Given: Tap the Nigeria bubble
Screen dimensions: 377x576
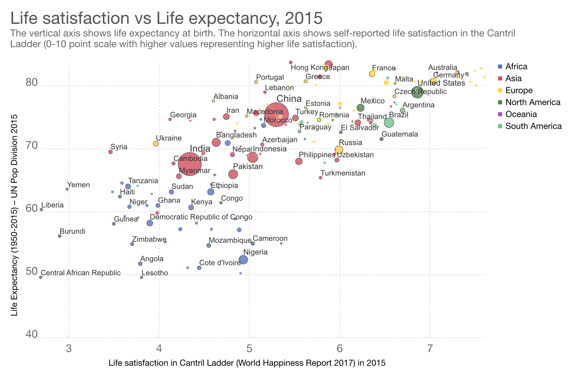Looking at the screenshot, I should (243, 260).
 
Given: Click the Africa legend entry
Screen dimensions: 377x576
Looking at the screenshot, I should (516, 67).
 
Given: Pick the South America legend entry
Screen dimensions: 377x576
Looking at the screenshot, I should (533, 126).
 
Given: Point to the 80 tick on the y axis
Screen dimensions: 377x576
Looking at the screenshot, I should (32, 83).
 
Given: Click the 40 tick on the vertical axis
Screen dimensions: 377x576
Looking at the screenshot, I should (32, 335).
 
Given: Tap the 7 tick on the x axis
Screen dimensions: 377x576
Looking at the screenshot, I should (430, 349).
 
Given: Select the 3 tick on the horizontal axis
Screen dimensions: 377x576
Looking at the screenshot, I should (69, 349).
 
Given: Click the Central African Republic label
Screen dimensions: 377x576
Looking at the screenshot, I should (81, 273).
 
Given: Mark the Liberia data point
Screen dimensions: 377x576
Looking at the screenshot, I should (41, 210).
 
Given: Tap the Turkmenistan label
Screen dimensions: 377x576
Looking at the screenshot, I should (343, 173).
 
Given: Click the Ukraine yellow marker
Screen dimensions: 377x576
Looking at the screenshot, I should (156, 144).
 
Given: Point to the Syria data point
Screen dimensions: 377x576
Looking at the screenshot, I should (110, 152).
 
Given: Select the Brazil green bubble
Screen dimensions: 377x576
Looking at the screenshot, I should (389, 123).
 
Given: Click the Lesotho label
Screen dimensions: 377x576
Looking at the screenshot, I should (155, 273).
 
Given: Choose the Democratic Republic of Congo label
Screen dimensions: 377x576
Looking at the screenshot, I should (201, 217).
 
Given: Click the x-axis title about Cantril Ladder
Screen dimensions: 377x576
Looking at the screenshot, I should (247, 363).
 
